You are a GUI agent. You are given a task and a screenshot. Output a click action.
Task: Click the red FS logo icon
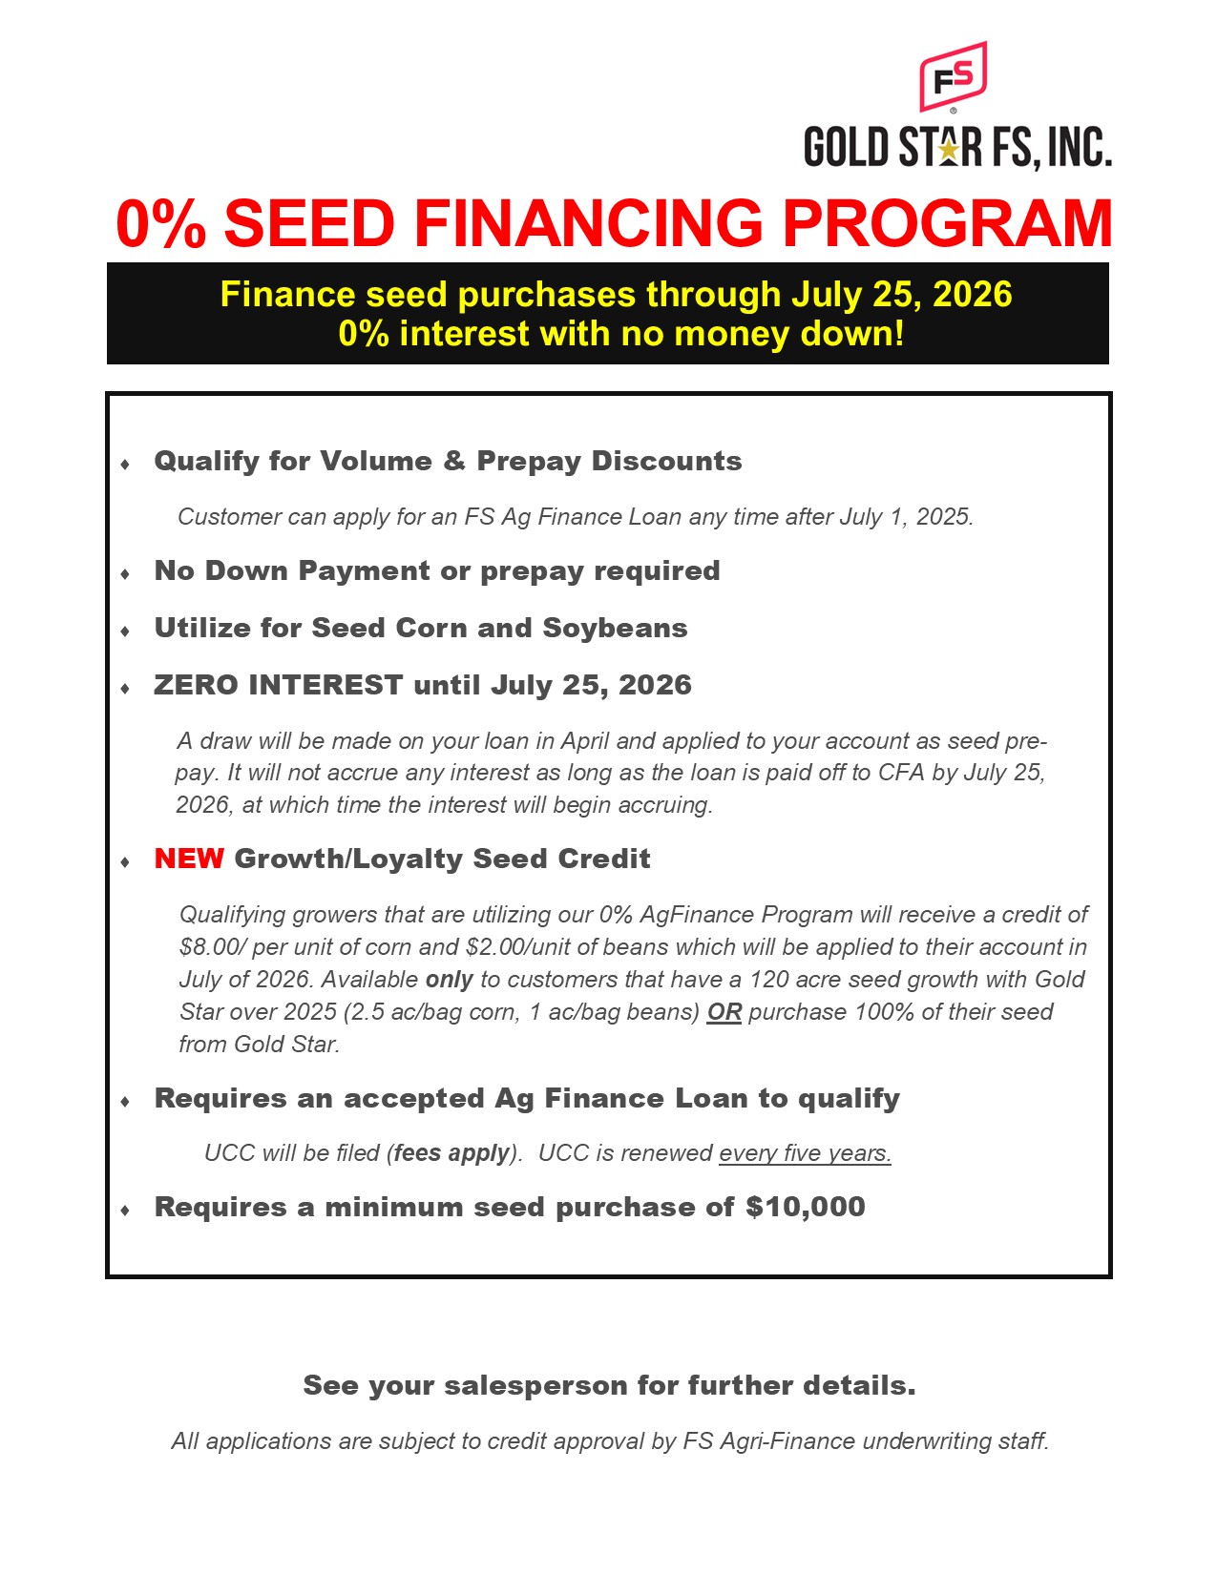coord(952,76)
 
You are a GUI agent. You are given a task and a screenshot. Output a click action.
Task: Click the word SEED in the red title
coord(308,224)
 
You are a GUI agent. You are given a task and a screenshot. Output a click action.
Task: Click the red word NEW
coord(189,859)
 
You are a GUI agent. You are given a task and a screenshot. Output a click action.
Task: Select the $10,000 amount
coord(805,1207)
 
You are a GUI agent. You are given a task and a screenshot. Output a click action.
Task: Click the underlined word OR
coord(724,1012)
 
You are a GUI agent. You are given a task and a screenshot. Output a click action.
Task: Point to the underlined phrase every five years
coord(805,1153)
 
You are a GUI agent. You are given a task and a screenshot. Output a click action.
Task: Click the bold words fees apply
coord(451,1153)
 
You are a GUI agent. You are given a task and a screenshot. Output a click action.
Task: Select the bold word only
coord(449,980)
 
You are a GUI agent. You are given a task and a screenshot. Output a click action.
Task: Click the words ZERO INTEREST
coord(278,685)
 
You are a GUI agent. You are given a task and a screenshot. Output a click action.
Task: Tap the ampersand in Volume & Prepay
coord(454,462)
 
